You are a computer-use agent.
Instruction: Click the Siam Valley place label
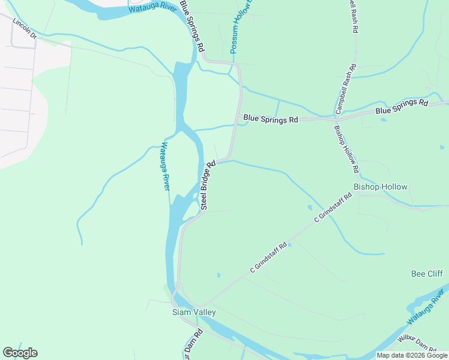pyautogui.click(x=194, y=313)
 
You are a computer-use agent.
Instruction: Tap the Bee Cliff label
pyautogui.click(x=427, y=274)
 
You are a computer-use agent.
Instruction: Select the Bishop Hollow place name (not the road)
pyautogui.click(x=380, y=187)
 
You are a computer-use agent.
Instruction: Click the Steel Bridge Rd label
pyautogui.click(x=208, y=185)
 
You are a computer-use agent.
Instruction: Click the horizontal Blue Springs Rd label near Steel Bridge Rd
pyautogui.click(x=271, y=119)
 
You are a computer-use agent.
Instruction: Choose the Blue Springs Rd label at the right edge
pyautogui.click(x=402, y=107)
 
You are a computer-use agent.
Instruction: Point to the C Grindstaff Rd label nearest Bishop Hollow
pyautogui.click(x=333, y=208)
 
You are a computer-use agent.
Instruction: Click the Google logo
pyautogui.click(x=20, y=353)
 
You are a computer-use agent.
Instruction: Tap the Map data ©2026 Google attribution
pyautogui.click(x=411, y=355)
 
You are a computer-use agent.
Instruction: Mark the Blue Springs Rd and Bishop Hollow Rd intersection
pyautogui.click(x=334, y=119)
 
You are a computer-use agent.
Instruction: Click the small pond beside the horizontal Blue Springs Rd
pyautogui.click(x=383, y=119)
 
